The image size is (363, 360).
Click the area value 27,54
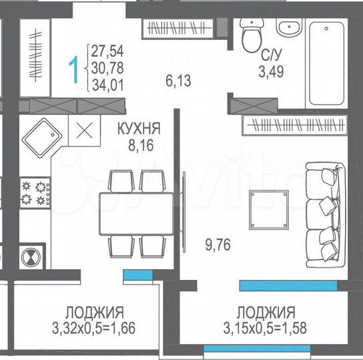(109, 51)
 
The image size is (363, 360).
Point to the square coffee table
(269, 209)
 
